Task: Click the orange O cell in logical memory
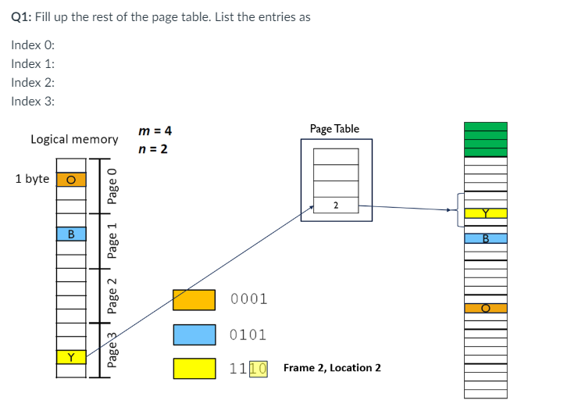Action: click(71, 179)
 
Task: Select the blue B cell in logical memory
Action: click(71, 233)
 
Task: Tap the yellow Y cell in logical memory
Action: click(71, 358)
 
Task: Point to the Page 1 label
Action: click(112, 241)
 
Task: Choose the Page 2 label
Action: click(112, 297)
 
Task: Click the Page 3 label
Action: click(112, 351)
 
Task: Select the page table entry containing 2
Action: click(336, 205)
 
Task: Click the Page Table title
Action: click(334, 128)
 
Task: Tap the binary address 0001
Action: click(249, 299)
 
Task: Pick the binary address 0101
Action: click(249, 335)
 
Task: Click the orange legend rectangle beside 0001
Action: click(194, 299)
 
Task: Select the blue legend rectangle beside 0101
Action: click(194, 334)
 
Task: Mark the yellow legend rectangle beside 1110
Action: click(194, 368)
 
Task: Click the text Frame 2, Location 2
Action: click(332, 368)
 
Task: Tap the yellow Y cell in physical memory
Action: click(485, 213)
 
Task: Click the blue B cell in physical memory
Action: click(485, 238)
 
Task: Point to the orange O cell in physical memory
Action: click(485, 308)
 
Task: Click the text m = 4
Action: click(154, 130)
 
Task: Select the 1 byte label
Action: click(32, 179)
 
